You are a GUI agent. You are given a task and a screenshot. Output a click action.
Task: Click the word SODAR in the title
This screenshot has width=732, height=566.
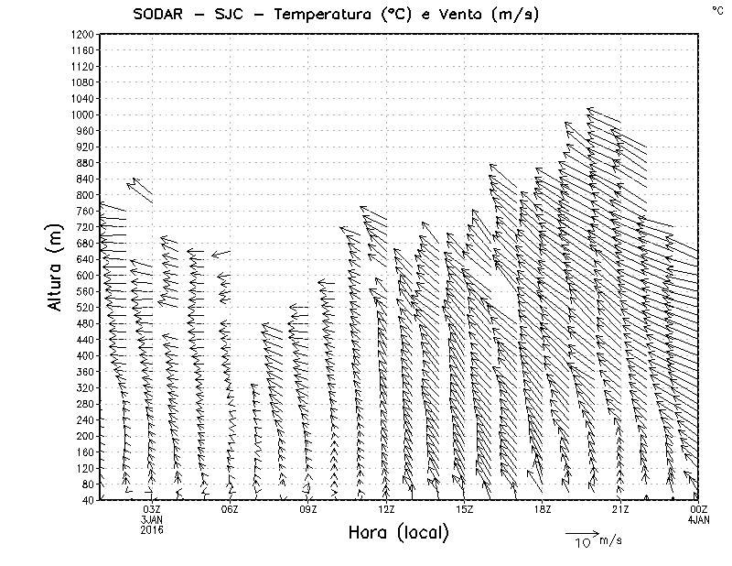pos(171,14)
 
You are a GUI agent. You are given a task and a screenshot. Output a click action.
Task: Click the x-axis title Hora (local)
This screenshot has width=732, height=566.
pos(399,532)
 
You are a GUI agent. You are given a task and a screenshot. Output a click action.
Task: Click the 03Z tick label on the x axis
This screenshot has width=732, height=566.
pos(152,509)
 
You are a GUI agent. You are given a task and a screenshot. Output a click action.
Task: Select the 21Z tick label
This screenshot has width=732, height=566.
pos(620,509)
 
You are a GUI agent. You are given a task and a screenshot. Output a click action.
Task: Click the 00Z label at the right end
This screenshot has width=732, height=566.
pos(698,509)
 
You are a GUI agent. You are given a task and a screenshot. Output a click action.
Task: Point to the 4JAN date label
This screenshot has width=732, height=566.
pos(698,519)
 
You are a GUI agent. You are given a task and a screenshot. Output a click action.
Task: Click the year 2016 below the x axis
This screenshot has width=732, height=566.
pos(152,529)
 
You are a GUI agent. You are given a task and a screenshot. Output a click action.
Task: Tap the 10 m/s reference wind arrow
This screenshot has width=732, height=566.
pos(582,532)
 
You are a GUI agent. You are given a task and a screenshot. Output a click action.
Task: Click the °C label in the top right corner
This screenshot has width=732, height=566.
pos(716,9)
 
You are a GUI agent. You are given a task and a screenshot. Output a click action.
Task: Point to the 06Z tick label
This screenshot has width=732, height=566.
pos(230,509)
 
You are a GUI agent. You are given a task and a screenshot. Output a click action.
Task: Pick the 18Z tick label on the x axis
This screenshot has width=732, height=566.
pos(543,509)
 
